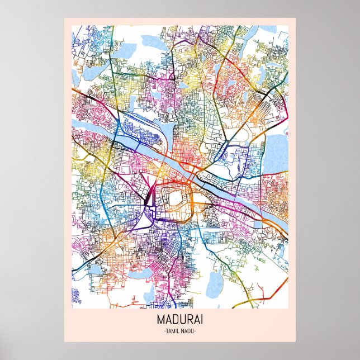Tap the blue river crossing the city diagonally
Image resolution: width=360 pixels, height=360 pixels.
[224, 190]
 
